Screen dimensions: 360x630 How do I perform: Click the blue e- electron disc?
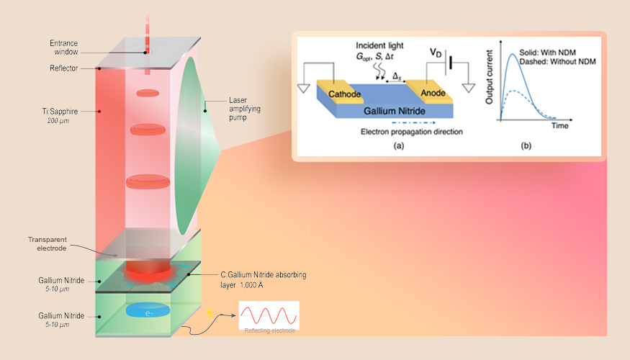click(147, 310)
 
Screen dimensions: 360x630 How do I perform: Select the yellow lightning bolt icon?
click(210, 314)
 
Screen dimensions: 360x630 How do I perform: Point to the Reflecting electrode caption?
click(269, 330)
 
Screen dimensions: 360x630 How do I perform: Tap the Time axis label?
click(560, 125)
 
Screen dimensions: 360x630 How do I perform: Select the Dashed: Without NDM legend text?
click(561, 62)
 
